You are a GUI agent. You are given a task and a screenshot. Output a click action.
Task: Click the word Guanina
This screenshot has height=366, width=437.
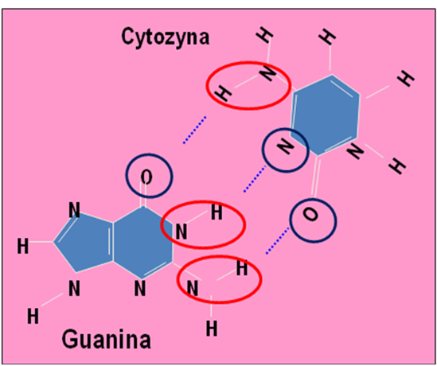click(107, 339)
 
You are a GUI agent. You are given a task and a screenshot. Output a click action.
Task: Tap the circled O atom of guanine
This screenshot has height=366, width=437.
click(146, 177)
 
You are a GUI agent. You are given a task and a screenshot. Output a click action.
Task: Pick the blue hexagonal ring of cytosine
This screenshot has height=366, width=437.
click(325, 115)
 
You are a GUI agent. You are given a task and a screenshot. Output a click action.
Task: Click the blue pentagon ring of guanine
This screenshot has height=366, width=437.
click(84, 242)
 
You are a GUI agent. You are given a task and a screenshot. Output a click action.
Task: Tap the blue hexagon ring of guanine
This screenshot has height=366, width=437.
click(142, 243)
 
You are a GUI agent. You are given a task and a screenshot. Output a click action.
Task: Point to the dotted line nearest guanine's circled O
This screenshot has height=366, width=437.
click(194, 130)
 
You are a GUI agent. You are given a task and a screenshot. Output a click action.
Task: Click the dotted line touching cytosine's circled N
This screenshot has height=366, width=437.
click(255, 178)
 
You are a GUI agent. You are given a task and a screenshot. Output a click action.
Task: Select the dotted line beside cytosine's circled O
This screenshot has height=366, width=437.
click(277, 240)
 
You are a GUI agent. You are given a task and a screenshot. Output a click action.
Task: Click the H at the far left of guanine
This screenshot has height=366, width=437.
click(23, 247)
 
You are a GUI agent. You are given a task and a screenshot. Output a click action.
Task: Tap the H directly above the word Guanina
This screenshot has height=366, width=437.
click(33, 317)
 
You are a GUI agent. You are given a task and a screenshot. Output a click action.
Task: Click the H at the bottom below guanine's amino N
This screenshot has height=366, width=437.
click(212, 329)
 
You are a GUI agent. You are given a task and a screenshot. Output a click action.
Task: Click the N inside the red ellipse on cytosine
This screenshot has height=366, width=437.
click(267, 73)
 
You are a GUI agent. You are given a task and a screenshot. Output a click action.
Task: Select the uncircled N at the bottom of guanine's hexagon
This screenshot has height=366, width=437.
click(140, 289)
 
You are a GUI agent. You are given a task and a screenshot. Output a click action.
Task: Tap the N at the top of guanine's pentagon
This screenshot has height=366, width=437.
click(74, 210)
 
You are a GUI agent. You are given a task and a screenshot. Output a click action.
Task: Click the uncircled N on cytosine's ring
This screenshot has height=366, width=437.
click(355, 150)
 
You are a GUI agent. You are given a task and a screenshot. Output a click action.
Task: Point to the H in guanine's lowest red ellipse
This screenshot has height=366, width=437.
click(242, 268)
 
